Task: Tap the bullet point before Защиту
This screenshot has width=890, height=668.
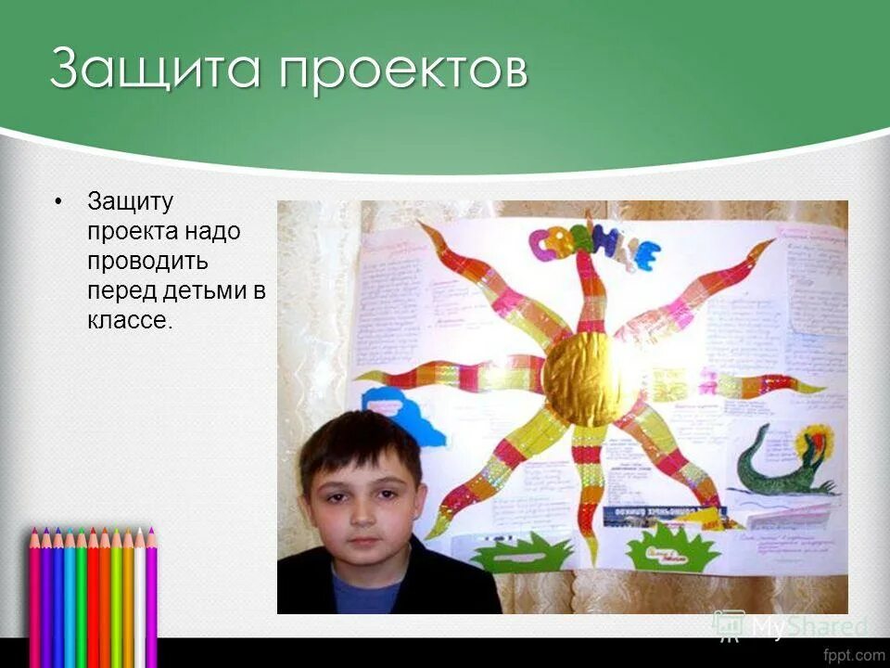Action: pos(59,200)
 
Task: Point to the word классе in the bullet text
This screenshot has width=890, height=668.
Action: pos(129,320)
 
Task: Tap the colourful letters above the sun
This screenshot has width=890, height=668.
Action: pos(593,249)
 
